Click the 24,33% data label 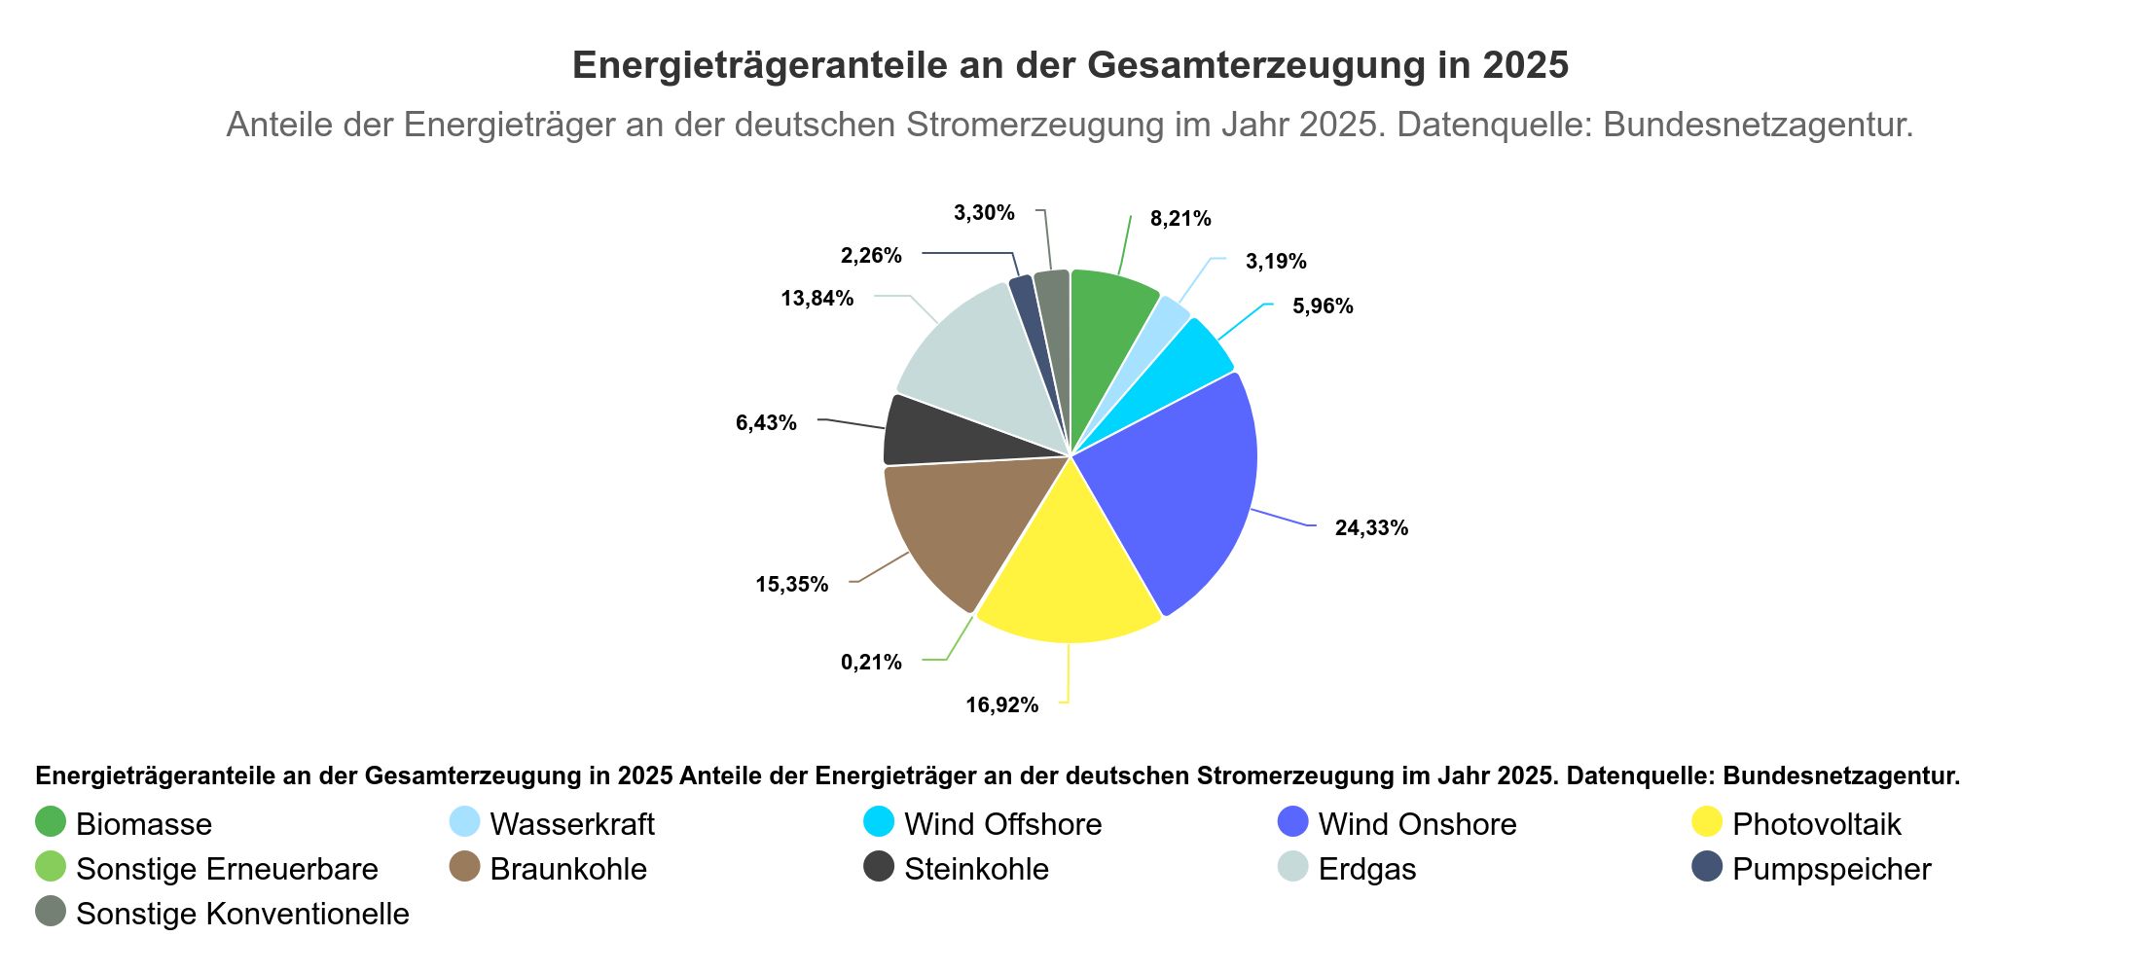pos(1371,528)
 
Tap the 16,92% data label pos(1001,705)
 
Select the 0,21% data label pos(871,663)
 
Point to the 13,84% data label pos(816,299)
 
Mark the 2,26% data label pos(871,256)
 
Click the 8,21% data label pos(1180,219)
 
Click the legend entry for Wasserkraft pos(571,824)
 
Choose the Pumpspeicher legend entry pos(1831,869)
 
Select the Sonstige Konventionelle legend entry pos(241,914)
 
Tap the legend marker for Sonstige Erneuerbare pos(51,867)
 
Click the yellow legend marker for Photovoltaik pos(1707,822)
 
